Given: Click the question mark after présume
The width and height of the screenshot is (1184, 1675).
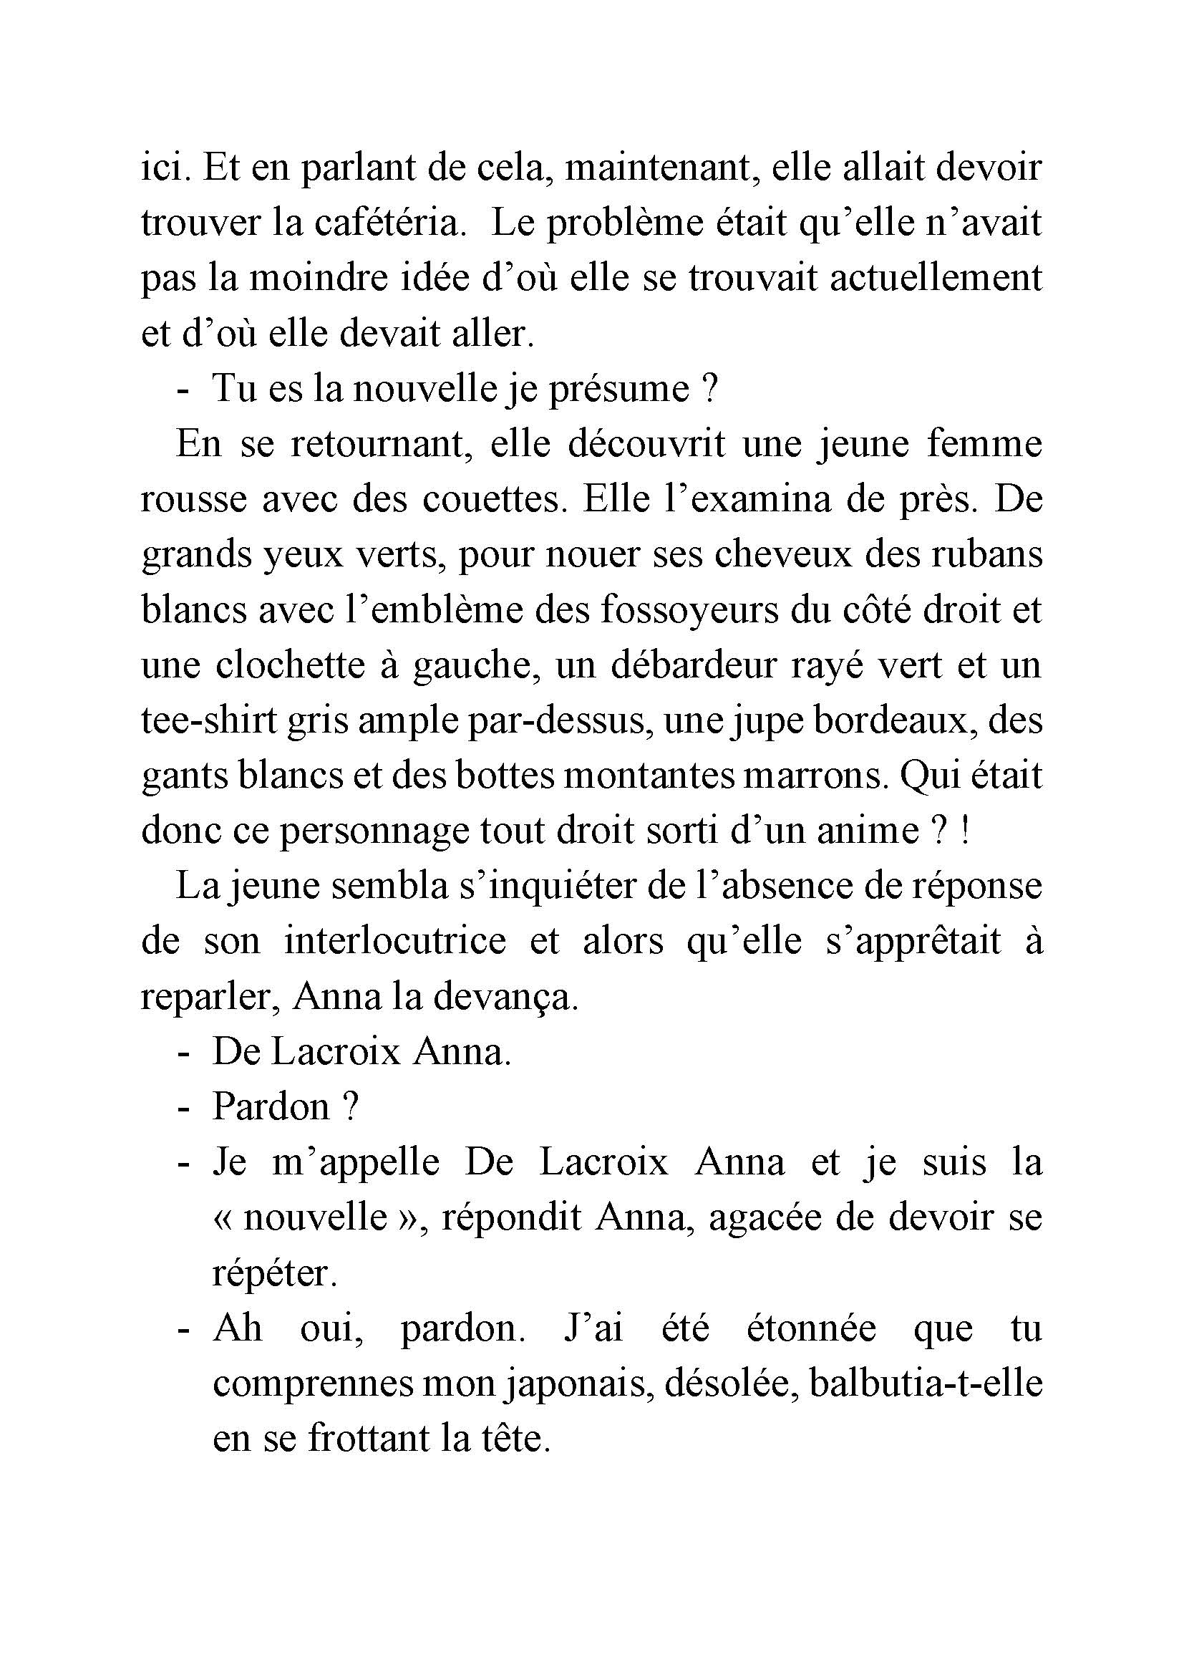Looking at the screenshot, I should (x=712, y=390).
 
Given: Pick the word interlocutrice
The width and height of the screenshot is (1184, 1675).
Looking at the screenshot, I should (x=394, y=943).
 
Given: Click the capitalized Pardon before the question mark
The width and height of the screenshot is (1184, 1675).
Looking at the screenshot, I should (x=271, y=1109).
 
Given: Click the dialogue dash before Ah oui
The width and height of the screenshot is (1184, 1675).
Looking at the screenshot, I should (x=183, y=1331).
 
